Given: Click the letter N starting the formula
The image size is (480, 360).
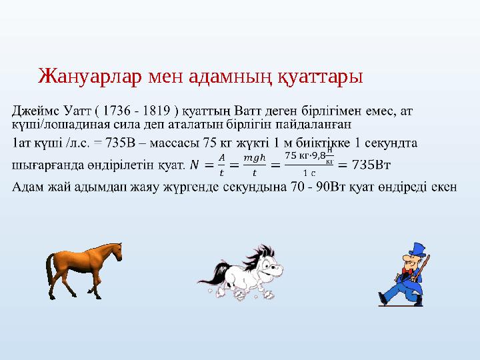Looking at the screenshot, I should coord(194,164).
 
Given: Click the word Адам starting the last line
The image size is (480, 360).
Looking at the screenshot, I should coord(27,185).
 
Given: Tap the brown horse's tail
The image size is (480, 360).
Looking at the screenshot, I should coord(49,265).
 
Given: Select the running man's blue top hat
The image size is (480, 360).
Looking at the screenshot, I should coord(417,249).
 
